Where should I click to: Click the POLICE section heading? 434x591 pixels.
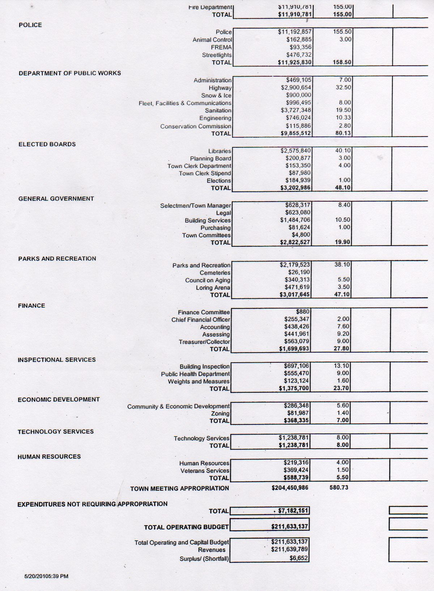[x=30, y=25]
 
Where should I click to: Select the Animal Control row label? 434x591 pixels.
[x=212, y=40]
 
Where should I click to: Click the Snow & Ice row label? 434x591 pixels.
[x=216, y=95]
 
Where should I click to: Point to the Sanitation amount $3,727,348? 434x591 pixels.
[x=296, y=110]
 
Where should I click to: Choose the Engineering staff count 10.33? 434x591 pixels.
[x=343, y=117]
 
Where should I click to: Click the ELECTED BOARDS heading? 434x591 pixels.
[x=47, y=144]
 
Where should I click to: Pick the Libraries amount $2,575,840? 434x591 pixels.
[x=295, y=150]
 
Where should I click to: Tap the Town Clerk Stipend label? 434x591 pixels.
[x=205, y=173]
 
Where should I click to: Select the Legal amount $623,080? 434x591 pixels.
[x=298, y=212]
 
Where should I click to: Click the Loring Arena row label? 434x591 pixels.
[x=213, y=288]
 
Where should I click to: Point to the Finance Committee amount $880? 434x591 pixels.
[x=302, y=311]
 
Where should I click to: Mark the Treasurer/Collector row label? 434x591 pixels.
[x=204, y=342]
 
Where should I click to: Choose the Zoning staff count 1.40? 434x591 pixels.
[x=343, y=413]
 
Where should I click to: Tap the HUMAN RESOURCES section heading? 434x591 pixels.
[x=49, y=457]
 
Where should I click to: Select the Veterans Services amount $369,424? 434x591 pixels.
[x=296, y=470]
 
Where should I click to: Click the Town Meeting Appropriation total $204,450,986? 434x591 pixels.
[x=290, y=488]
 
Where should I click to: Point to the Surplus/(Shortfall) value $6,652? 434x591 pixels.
[x=299, y=558]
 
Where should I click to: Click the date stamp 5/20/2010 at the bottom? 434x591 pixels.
[x=46, y=576]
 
